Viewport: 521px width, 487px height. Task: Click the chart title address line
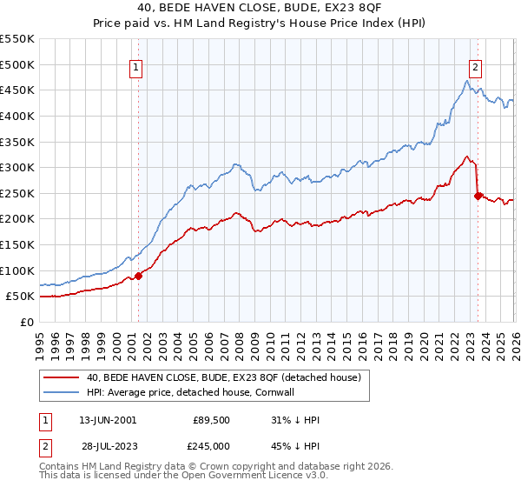(260, 9)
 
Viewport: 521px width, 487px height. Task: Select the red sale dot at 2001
(138, 276)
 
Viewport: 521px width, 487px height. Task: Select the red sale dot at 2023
(478, 196)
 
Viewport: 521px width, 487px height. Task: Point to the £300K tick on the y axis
(17, 167)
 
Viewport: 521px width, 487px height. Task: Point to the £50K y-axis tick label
(21, 297)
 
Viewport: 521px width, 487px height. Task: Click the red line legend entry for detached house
(205, 377)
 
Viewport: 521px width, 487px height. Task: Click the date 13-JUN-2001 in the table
(108, 420)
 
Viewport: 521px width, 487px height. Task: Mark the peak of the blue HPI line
(466, 81)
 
